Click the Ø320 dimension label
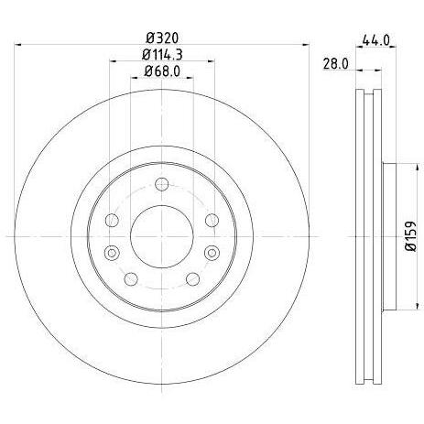[162, 38]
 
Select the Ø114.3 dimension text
[162, 55]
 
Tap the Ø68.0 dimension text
[162, 71]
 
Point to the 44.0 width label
[375, 40]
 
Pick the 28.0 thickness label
[335, 64]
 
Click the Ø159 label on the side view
[411, 236]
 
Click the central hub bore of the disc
[162, 236]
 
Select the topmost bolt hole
[162, 184]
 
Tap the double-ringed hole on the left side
[112, 253]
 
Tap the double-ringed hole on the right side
[212, 253]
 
